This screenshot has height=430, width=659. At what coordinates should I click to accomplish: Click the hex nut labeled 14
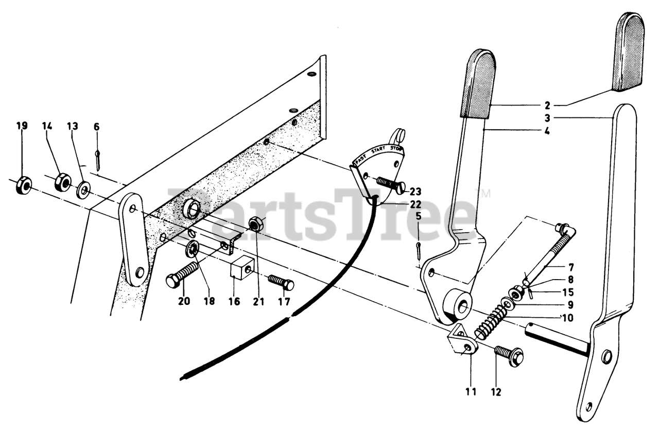pos(62,182)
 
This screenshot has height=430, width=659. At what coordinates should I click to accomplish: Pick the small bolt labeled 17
pos(281,282)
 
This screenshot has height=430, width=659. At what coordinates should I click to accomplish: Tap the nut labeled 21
pos(256,225)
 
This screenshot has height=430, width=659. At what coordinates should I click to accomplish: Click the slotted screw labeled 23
pos(391,185)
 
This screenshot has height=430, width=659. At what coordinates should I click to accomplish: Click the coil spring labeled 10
pos(492,321)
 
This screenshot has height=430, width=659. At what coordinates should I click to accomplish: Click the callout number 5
pos(418,216)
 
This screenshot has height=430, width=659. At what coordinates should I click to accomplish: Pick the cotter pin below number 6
pos(97,158)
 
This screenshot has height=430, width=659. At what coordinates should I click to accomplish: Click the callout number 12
pos(496,392)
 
